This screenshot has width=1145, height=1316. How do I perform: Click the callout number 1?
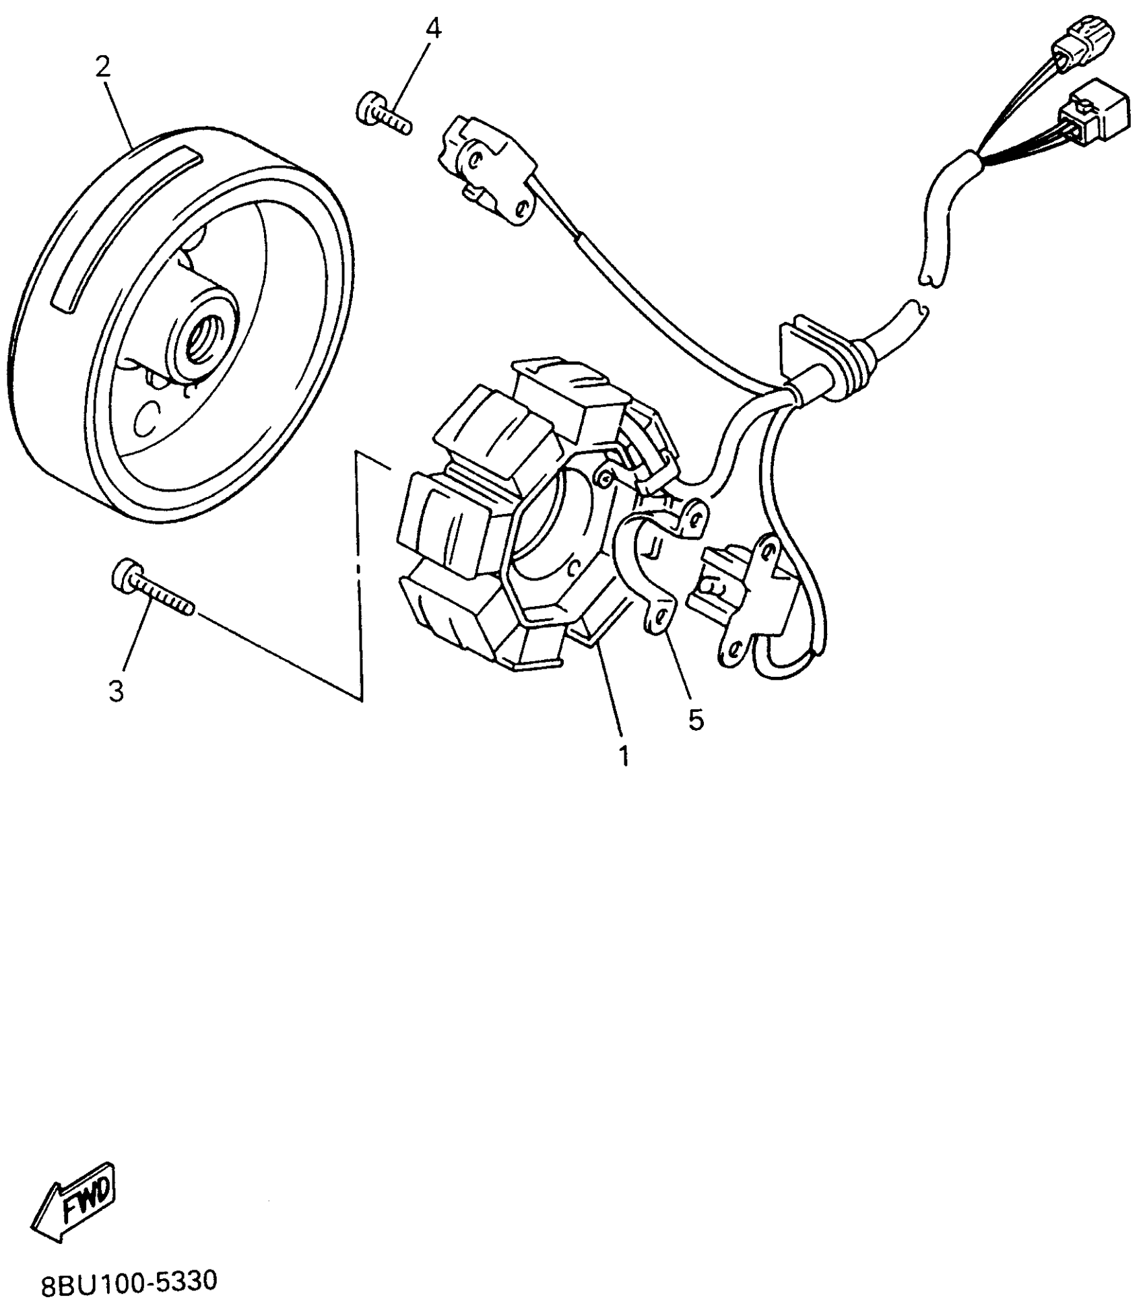[x=624, y=756]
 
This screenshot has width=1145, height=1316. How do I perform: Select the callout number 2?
[x=102, y=67]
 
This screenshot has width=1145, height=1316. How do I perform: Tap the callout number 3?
[x=117, y=691]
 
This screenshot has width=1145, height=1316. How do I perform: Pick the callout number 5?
[x=696, y=719]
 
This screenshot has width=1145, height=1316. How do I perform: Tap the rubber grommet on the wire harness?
[x=852, y=377]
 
